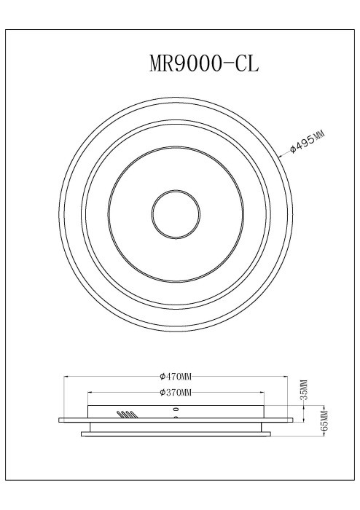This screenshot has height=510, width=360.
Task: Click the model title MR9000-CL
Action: coord(204,64)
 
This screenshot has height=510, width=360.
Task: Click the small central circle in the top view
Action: coord(176,216)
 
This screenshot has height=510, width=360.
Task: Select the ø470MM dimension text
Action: coord(176,377)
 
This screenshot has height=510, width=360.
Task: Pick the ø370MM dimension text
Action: coord(176,393)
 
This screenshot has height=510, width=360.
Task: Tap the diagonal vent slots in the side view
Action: coord(126,415)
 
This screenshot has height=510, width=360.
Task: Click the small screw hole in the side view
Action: coord(175,410)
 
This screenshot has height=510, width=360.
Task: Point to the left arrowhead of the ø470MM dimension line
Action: coord(67,377)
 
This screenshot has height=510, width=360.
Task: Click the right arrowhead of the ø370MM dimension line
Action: coord(261,393)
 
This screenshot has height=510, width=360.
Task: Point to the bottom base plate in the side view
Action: coord(176,435)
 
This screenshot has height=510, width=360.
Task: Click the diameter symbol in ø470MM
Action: coord(162,377)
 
